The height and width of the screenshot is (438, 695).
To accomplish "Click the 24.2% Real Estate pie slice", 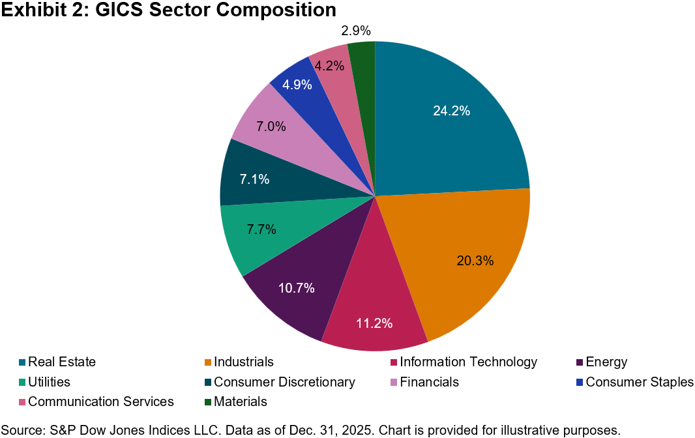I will coord(450,130).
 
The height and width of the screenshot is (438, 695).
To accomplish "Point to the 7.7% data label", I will coord(261,229).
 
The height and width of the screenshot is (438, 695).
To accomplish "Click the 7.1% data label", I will coord(255,179).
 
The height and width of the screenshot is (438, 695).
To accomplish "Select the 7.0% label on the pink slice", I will coord(271,127).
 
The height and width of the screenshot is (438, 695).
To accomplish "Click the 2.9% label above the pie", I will coord(356,31).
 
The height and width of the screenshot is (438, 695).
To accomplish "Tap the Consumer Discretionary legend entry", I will coord(284,382).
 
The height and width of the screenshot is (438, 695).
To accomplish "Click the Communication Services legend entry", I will coord(100,401).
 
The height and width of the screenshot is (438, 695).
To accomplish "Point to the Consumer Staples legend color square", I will coord(580,382).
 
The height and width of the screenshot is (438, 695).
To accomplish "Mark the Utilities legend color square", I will coord(22,382).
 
